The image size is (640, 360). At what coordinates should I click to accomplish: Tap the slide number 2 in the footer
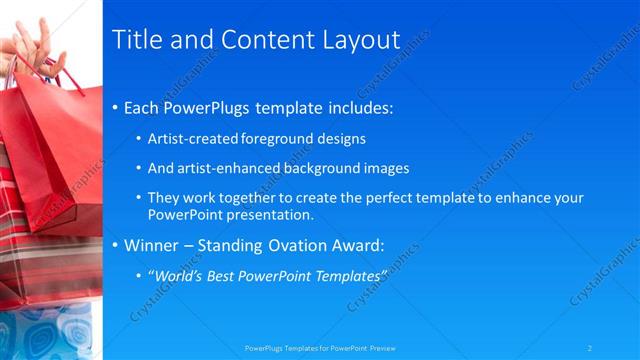590,348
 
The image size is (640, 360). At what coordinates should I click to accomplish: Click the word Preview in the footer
383,348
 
